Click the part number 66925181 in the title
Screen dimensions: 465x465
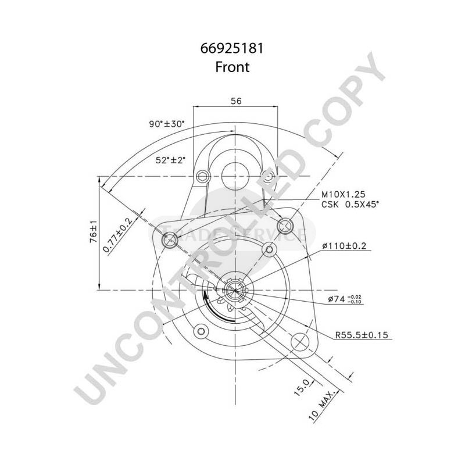(232, 49)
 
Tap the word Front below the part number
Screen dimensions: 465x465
(232, 67)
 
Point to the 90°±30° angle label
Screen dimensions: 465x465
(166, 124)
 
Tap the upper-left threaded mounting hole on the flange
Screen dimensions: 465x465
(169, 239)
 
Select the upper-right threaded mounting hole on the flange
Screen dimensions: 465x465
(285, 225)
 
